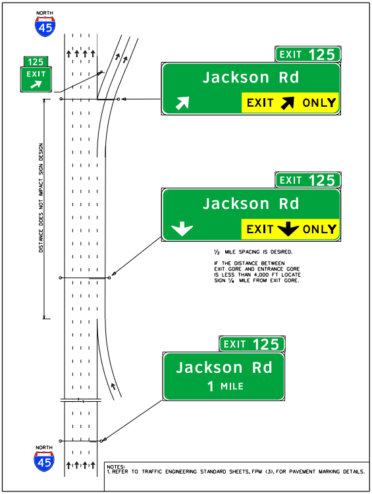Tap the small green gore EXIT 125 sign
pos(36,73)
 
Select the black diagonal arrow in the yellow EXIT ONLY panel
pos(288,103)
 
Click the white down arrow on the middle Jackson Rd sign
pos(182,229)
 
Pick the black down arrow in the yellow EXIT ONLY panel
pos(288,229)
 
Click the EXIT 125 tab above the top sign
pos(307,55)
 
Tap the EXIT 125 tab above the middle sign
pos(307,180)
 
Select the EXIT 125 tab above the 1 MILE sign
pos(252,344)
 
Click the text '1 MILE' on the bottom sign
pos(225,386)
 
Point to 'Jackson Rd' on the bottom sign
pos(224,367)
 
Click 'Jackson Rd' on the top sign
pos(251,77)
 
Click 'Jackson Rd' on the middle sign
pos(251,204)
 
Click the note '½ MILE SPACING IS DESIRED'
pos(251,252)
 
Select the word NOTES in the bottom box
pos(115,465)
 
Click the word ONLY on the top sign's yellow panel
pos(319,103)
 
